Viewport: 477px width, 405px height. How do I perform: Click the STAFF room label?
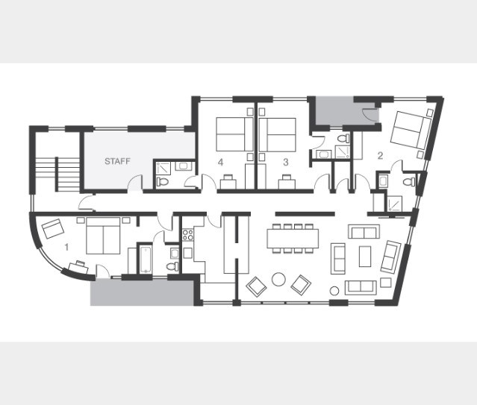point(117,161)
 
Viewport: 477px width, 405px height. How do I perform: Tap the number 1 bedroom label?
point(66,247)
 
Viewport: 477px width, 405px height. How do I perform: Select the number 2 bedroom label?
point(380,156)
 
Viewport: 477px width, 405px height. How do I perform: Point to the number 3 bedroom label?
point(285,163)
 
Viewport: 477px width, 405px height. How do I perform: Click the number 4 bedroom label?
point(220,163)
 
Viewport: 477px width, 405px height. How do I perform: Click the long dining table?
point(293,239)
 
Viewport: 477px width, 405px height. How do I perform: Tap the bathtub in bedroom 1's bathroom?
point(146,259)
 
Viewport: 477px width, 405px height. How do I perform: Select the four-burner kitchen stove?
point(187,235)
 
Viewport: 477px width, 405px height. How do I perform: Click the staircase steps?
point(57,174)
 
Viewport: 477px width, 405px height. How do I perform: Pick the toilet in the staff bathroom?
point(163,182)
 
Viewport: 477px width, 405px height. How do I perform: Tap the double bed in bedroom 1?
point(103,236)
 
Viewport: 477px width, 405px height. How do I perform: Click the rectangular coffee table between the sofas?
point(365,257)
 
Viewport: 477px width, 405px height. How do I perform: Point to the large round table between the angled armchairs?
point(278,279)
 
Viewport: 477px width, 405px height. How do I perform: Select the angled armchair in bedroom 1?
point(53,228)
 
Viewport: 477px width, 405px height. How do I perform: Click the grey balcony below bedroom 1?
point(142,292)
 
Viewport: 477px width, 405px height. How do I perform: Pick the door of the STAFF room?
point(135,184)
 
